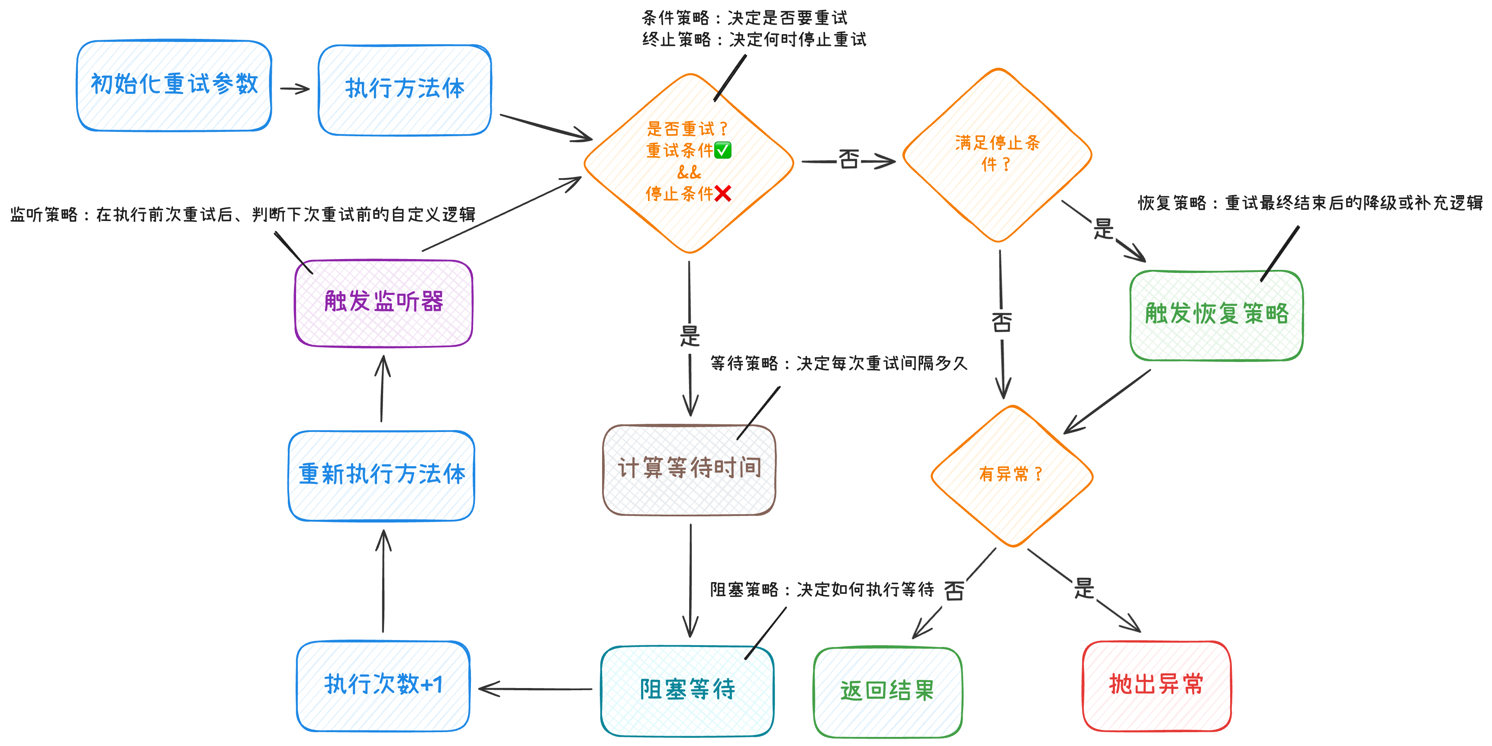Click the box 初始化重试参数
pos(174,86)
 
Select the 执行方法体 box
pos(404,90)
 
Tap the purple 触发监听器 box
pos(383,303)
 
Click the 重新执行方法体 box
pos(381,475)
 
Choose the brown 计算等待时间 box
pos(689,469)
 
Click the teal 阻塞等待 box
pos(687,691)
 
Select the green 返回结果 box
pos(887,692)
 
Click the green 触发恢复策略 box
pos(1216,315)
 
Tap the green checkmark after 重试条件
pos(722,150)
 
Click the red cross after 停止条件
pos(722,193)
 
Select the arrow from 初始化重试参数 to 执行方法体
pos(295,89)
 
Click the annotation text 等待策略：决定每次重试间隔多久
pos(838,363)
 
